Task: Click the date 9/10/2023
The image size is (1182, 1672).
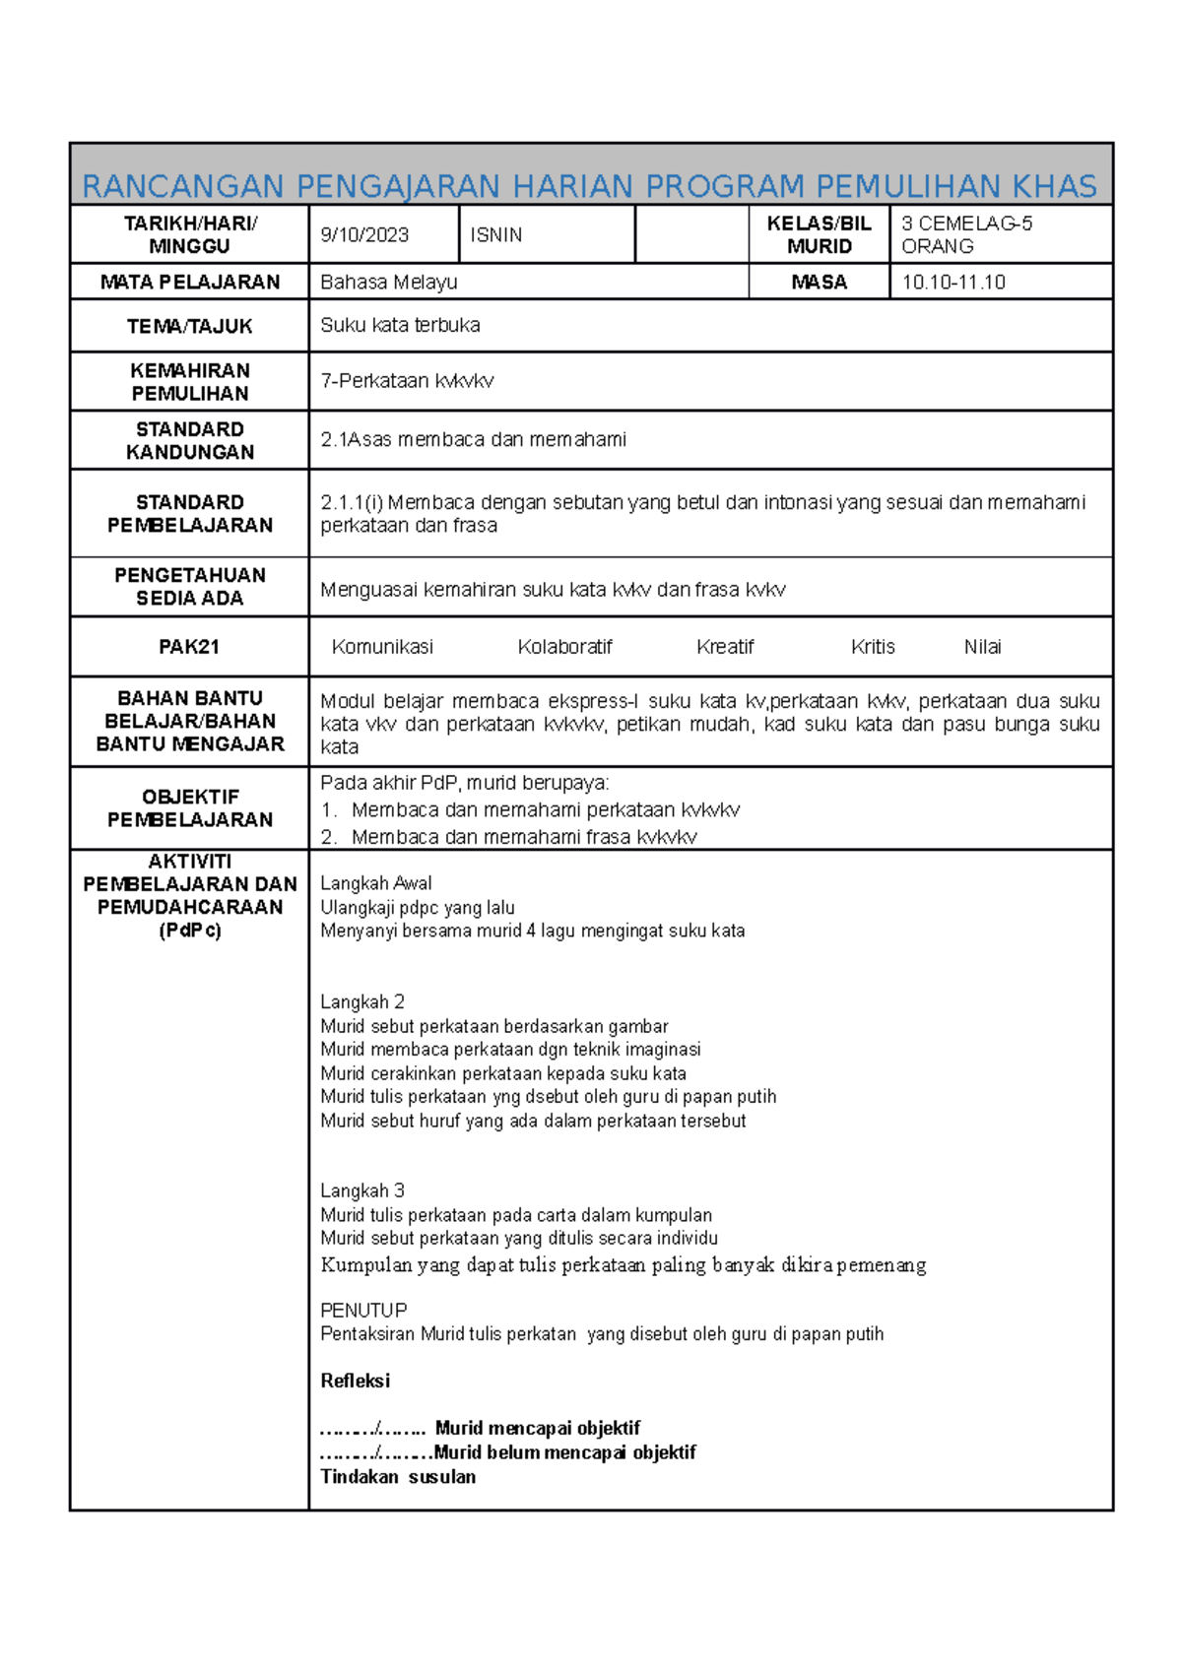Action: tap(364, 235)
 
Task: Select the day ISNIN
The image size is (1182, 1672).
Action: tap(495, 235)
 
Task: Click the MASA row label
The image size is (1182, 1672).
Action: tap(819, 283)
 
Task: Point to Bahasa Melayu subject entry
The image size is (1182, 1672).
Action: tap(388, 283)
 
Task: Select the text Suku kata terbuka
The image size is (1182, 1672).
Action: tap(400, 326)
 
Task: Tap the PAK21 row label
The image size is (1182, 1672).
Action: tap(189, 647)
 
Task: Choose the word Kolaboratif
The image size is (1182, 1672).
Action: tap(564, 647)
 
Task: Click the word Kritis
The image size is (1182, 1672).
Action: tap(873, 647)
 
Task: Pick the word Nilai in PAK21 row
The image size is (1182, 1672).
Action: tap(982, 647)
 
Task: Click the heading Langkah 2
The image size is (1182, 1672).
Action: tap(361, 1002)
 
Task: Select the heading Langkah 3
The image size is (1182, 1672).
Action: tap(361, 1190)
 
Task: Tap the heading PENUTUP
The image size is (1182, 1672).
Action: tap(363, 1311)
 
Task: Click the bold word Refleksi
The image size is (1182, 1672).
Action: tap(355, 1381)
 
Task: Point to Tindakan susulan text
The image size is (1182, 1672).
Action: tap(398, 1477)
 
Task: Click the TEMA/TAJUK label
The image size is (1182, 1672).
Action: tap(189, 326)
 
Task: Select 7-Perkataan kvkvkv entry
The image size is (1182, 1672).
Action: tap(407, 381)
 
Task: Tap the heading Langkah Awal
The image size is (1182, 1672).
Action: tap(375, 883)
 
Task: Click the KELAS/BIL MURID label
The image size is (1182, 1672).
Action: tap(819, 235)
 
